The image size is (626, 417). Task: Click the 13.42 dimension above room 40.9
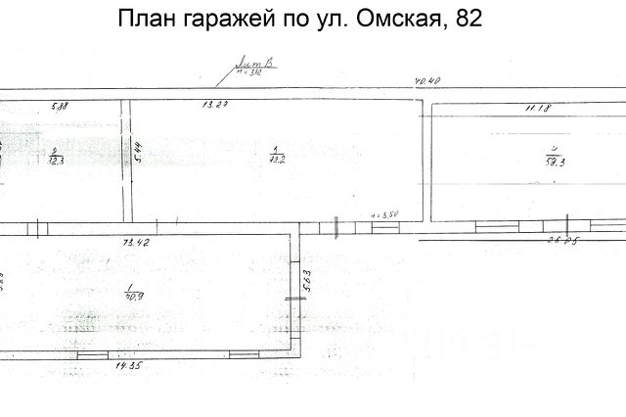coord(134,240)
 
